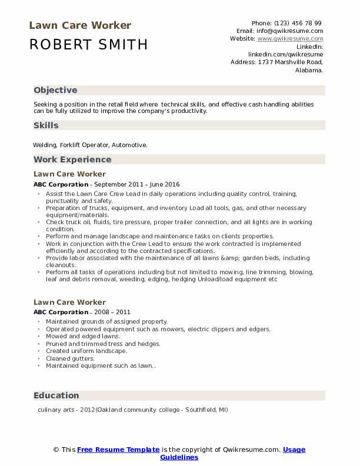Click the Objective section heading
[55, 90]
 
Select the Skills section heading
[46, 125]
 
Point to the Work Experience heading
[72, 159]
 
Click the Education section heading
[56, 395]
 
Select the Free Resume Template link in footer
[118, 450]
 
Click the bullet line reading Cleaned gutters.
[70, 358]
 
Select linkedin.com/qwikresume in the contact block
[286, 54]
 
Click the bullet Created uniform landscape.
[86, 351]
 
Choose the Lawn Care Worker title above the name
[80, 25]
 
